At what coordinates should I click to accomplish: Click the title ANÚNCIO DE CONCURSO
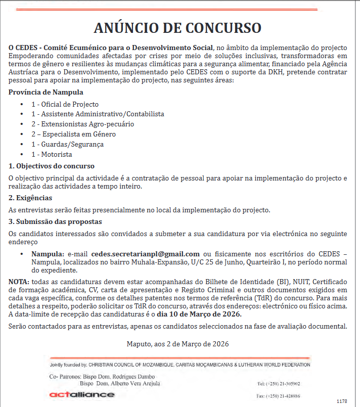click(177, 27)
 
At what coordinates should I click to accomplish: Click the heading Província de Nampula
click(46, 93)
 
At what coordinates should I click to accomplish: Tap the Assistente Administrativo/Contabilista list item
click(98, 114)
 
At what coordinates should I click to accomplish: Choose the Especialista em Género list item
click(73, 134)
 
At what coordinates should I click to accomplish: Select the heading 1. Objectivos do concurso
click(52, 166)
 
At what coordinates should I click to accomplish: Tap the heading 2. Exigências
click(30, 198)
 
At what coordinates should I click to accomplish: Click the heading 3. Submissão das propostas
click(55, 222)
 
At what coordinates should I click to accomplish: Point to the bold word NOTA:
click(19, 282)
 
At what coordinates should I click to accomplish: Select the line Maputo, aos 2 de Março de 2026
click(177, 344)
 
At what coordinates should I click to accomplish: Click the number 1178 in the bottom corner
click(342, 401)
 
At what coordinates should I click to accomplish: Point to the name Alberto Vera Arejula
click(134, 384)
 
